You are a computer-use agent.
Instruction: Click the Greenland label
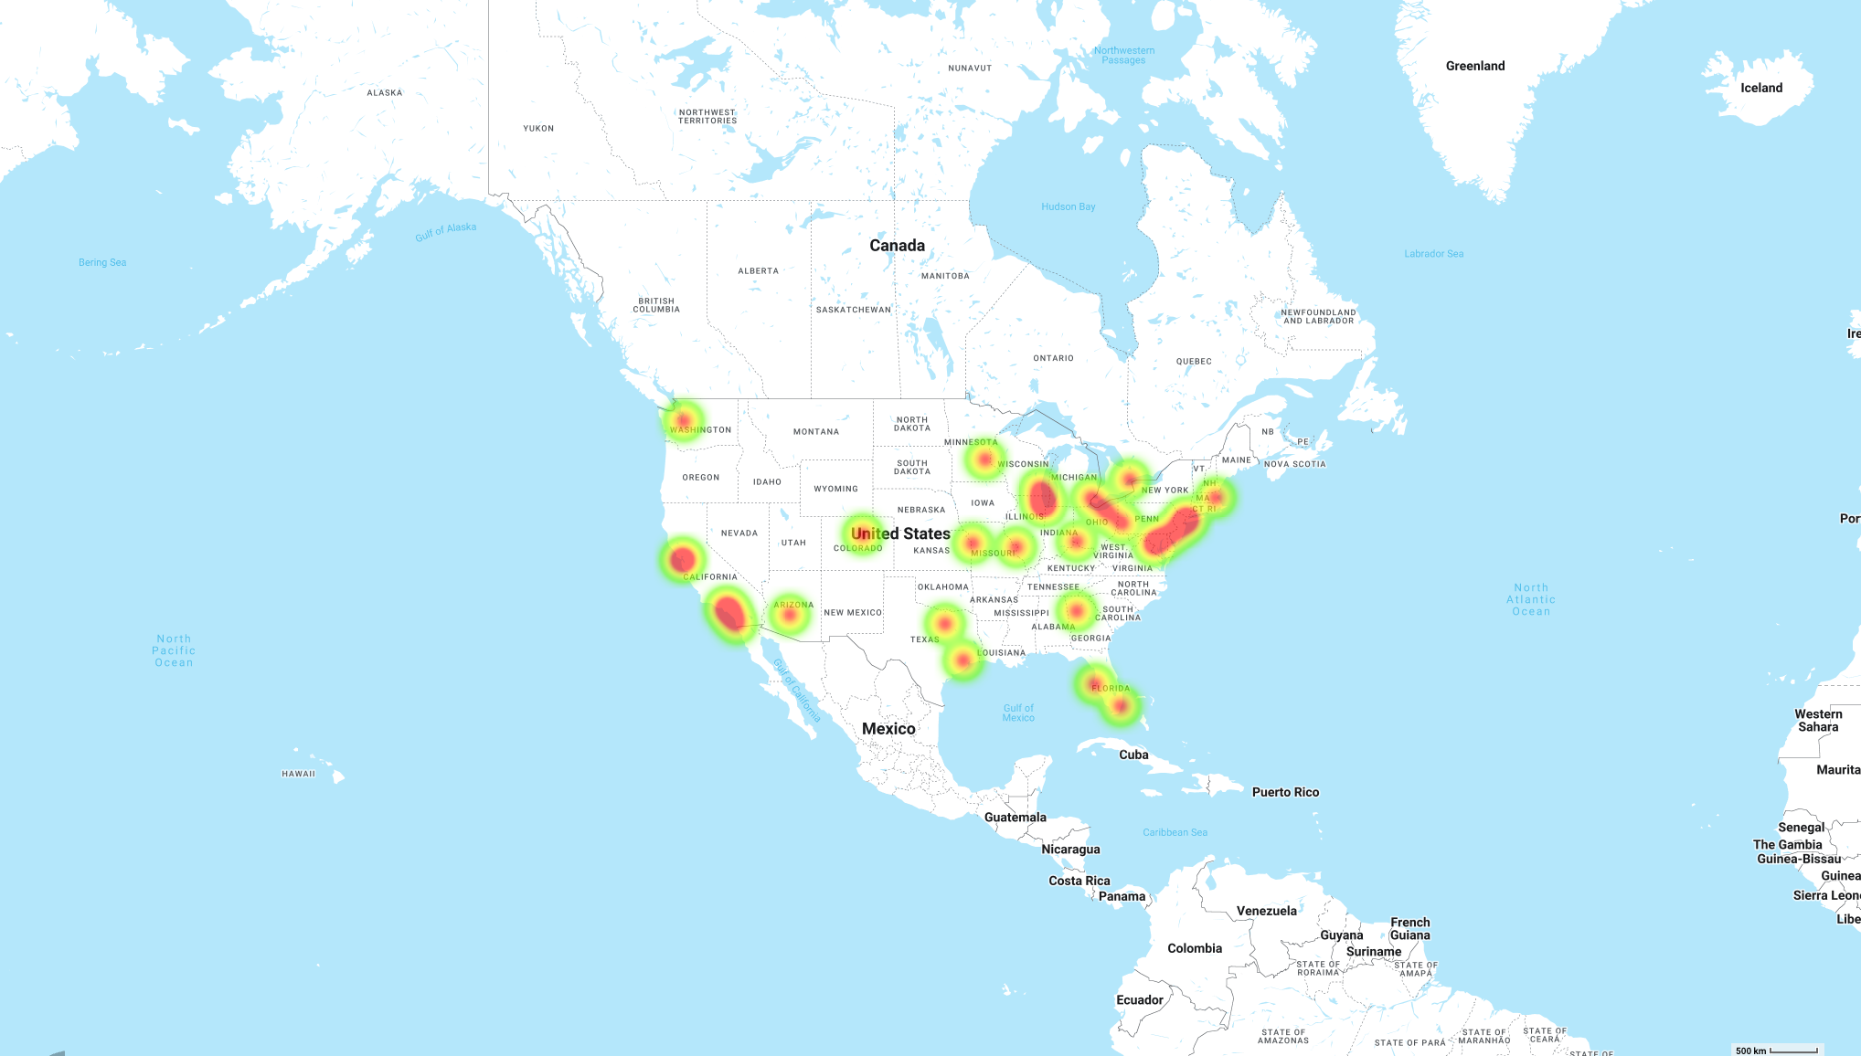click(1474, 66)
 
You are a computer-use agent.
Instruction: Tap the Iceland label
click(1760, 88)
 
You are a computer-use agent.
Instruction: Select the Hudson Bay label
click(1068, 206)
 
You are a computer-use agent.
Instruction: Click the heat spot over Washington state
click(683, 420)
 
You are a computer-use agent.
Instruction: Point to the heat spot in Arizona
click(790, 615)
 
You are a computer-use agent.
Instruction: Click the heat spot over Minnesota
click(984, 459)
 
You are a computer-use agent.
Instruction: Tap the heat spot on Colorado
click(862, 533)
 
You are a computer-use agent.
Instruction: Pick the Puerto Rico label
click(1285, 792)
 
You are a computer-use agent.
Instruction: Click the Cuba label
click(1133, 755)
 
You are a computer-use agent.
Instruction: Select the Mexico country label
click(888, 728)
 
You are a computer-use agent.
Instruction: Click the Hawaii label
click(298, 774)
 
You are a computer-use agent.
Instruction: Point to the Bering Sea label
click(102, 262)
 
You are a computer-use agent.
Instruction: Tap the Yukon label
click(538, 129)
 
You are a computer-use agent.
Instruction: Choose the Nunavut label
click(970, 69)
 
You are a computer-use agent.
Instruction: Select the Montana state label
click(815, 432)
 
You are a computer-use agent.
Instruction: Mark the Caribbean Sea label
click(1175, 832)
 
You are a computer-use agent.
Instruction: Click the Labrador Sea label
click(1433, 254)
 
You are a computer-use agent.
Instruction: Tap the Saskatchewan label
click(853, 310)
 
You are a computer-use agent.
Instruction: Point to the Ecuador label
click(1139, 999)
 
